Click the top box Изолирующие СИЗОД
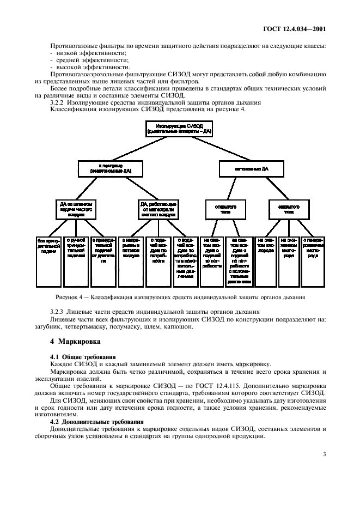click(179, 129)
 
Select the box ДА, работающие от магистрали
click(158, 208)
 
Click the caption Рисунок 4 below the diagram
click(180, 297)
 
